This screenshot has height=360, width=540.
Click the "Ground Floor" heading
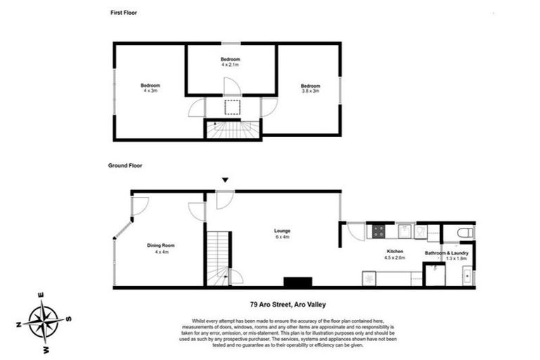[125, 166]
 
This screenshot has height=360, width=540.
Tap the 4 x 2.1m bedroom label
[231, 61]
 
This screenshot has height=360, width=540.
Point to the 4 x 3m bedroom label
[150, 88]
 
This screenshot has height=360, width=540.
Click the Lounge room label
[283, 233]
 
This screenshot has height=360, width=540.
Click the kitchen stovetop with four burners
[378, 231]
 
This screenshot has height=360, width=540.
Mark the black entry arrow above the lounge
[225, 181]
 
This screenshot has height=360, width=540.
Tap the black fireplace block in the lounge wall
[297, 282]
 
